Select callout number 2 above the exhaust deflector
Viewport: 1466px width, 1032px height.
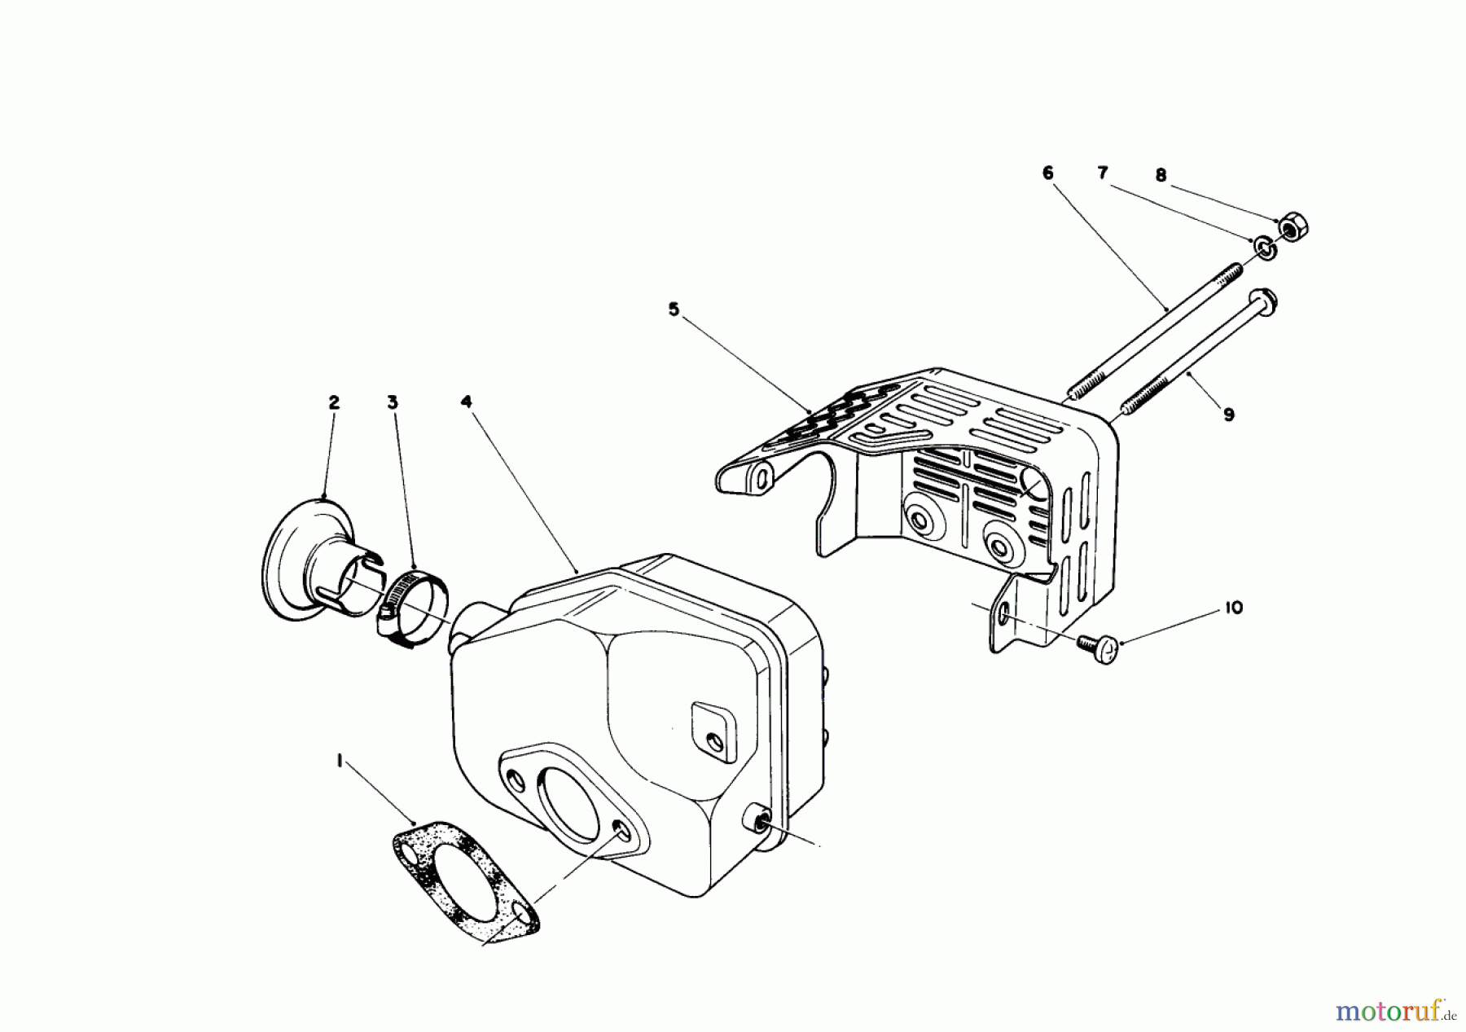(x=334, y=402)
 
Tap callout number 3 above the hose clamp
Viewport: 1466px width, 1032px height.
(x=393, y=402)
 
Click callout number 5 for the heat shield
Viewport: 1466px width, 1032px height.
(x=673, y=310)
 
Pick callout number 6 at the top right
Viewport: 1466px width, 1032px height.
(x=1047, y=173)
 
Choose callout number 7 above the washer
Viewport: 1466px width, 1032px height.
(x=1103, y=173)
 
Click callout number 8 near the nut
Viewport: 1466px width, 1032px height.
(x=1161, y=174)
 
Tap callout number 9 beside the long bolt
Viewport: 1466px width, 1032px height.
(x=1228, y=415)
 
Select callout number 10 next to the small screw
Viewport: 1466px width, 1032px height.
(x=1233, y=608)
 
